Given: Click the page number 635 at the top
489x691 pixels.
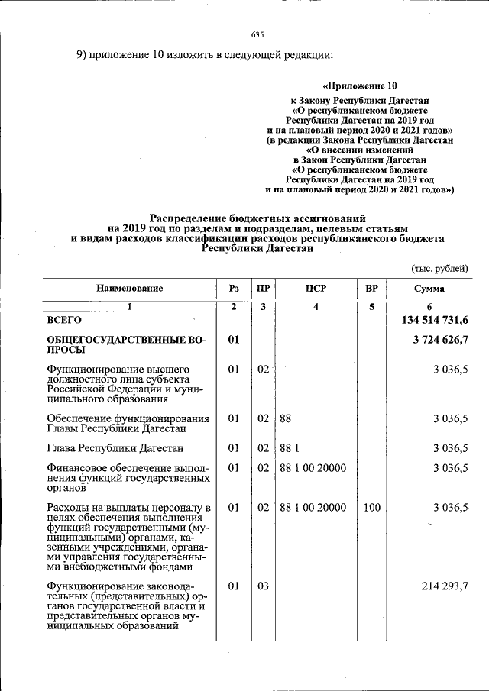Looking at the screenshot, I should click(257, 35).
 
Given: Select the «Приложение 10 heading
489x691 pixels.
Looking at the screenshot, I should click(360, 86).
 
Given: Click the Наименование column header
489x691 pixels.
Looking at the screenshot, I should click(129, 289).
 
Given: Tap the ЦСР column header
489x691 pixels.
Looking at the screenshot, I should click(316, 289).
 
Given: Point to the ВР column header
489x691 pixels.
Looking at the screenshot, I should click(371, 289).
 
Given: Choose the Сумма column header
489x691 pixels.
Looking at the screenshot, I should click(429, 289).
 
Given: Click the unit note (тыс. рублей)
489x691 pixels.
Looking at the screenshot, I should click(439, 268).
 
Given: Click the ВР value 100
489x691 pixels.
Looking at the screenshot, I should click(372, 507).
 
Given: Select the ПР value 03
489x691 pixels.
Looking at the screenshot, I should click(263, 586).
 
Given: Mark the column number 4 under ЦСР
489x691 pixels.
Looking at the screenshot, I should click(316, 306).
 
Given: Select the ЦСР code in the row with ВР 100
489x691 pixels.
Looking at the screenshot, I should click(313, 507).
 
